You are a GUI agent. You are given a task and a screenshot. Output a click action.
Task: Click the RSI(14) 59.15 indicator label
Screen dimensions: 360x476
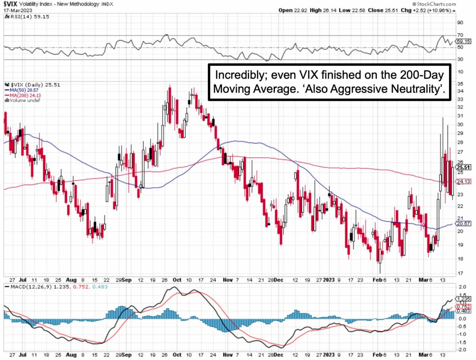(x=27, y=17)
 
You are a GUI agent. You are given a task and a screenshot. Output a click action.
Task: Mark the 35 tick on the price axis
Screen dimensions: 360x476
(x=460, y=84)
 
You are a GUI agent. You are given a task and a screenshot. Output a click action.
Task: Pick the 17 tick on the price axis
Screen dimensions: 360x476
(x=460, y=273)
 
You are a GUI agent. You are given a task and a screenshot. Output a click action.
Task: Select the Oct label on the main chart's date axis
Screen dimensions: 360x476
(x=177, y=280)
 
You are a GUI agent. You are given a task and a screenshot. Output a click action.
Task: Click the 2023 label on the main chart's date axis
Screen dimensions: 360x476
(x=328, y=280)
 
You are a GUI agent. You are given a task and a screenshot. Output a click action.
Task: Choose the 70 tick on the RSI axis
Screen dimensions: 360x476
(x=460, y=35)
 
